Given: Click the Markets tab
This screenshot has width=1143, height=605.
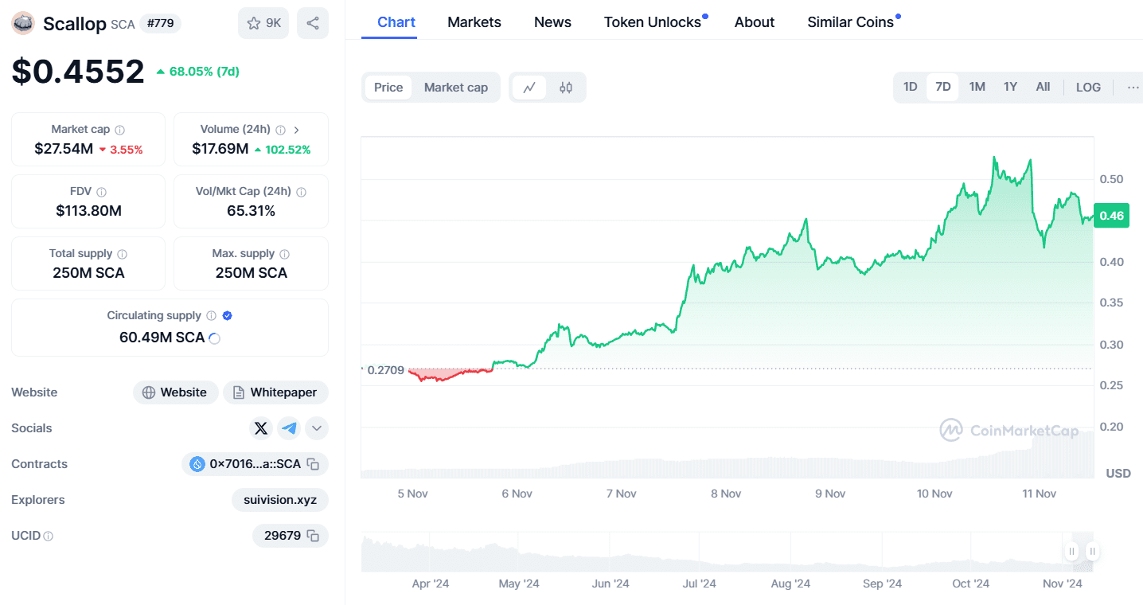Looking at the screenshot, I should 474,22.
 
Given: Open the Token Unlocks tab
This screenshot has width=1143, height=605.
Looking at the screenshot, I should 652,22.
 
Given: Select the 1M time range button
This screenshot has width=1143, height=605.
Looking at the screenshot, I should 977,87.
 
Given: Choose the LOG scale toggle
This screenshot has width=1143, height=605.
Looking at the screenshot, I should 1088,87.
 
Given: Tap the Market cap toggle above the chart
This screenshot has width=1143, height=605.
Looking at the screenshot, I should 455,88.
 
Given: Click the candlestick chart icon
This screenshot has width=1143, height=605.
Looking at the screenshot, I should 566,88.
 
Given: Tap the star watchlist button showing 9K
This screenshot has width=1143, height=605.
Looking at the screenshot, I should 263,23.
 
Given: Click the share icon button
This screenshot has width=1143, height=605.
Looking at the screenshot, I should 313,23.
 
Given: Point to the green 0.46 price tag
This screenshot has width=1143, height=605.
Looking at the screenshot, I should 1111,216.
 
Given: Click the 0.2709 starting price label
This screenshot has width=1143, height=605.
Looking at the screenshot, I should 386,370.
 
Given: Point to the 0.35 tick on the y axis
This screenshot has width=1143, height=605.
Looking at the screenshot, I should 1110,302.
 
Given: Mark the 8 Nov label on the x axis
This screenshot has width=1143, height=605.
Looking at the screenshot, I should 725,494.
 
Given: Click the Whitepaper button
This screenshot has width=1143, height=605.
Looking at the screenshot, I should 275,392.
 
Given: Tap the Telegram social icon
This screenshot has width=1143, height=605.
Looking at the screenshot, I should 289,428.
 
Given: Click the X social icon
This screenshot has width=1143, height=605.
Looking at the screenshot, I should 261,428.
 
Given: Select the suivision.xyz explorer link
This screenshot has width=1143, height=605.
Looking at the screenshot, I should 280,500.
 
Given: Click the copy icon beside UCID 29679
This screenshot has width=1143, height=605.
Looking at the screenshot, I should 314,536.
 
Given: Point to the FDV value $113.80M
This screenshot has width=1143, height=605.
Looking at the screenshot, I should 88,211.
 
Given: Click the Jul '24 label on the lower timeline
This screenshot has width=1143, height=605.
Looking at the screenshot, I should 700,584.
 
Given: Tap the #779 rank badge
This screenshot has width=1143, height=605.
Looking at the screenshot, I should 160,23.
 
